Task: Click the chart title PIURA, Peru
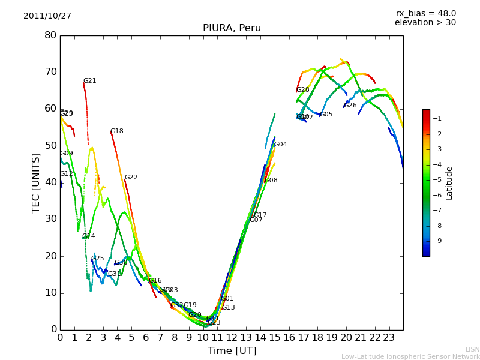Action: pos(232,28)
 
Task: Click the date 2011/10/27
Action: pos(47,16)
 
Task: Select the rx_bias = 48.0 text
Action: pos(425,14)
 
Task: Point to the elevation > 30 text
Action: pos(425,23)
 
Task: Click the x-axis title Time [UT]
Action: pos(232,351)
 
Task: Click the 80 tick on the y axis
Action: pos(50,35)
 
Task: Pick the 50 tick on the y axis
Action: pos(50,146)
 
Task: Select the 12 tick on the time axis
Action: pos(232,338)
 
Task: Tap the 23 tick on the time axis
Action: pos(389,338)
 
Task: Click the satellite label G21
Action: pos(89,81)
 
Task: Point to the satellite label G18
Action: pos(116,131)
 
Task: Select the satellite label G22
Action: pos(131,178)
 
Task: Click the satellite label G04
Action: pos(280,145)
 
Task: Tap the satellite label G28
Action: pos(303,90)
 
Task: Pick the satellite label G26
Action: pos(350,106)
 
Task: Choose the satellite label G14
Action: pos(89,236)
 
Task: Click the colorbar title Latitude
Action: pos(449,183)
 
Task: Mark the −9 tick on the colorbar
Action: pos(437,241)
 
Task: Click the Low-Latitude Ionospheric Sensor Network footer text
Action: pos(410,357)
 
